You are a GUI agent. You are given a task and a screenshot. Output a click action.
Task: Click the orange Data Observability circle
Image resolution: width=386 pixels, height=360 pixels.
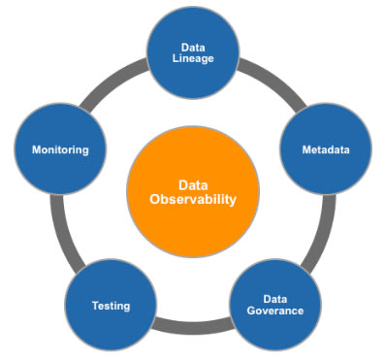pyautogui.click(x=193, y=191)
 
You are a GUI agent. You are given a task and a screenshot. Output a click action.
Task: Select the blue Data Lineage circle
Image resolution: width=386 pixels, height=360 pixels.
pyautogui.click(x=193, y=52)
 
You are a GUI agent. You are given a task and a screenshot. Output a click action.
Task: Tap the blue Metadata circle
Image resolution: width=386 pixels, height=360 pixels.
pyautogui.click(x=326, y=149)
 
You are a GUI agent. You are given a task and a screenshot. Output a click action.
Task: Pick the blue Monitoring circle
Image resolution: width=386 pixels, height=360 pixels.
pyautogui.click(x=60, y=149)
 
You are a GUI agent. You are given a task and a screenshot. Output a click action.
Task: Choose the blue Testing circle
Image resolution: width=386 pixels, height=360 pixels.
pyautogui.click(x=111, y=305)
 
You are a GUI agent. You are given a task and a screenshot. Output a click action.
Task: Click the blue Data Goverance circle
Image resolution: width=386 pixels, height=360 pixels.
pyautogui.click(x=275, y=305)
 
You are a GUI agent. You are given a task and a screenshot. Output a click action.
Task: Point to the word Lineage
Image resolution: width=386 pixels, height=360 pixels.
pyautogui.click(x=193, y=59)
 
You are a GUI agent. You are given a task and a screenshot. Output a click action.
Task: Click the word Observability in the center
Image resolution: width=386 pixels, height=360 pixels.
pyautogui.click(x=193, y=200)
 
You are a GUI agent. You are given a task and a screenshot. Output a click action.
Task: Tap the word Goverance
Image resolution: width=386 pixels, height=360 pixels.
pyautogui.click(x=275, y=311)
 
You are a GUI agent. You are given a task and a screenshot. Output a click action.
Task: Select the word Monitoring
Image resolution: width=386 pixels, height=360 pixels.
pyautogui.click(x=60, y=149)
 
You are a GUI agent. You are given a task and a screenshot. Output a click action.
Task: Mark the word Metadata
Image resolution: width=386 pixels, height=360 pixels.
pyautogui.click(x=326, y=149)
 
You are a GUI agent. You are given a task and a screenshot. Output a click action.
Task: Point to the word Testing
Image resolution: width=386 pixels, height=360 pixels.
pyautogui.click(x=111, y=306)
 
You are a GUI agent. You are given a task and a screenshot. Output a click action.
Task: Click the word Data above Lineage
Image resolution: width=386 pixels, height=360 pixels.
pyautogui.click(x=193, y=48)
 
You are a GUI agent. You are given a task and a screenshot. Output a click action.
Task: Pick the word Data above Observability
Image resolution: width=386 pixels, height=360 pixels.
pyautogui.click(x=193, y=185)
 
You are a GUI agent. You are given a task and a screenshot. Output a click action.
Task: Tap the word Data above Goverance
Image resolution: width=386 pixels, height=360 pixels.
pyautogui.click(x=275, y=299)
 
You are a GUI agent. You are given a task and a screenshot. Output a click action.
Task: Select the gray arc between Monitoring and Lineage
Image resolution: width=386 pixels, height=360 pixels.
pyautogui.click(x=111, y=82)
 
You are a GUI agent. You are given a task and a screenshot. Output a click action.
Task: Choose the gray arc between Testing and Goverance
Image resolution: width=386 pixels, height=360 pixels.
pyautogui.click(x=193, y=325)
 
